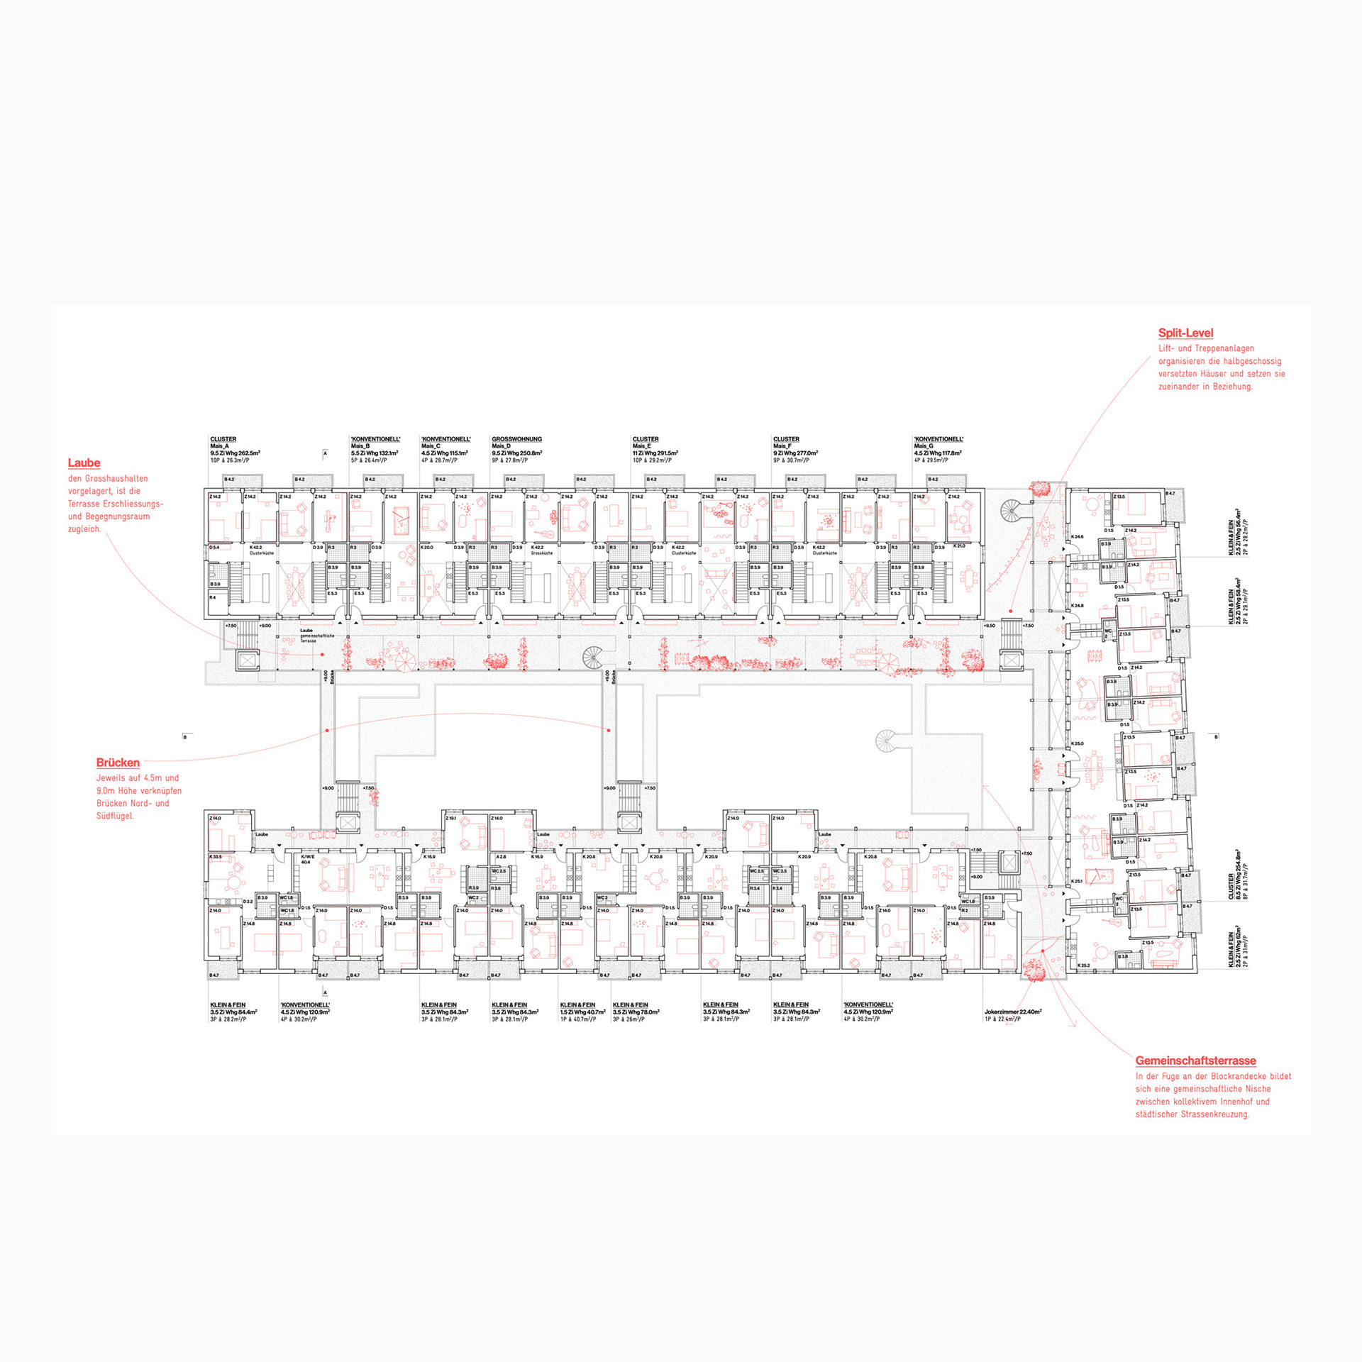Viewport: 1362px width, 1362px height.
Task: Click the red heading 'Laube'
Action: coord(84,463)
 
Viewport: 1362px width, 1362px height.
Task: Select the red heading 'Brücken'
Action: coord(118,763)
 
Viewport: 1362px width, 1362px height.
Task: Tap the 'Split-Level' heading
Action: coord(1185,333)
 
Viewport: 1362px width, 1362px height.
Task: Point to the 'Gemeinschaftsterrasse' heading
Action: coord(1195,1061)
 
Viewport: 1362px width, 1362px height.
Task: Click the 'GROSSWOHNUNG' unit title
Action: coord(516,439)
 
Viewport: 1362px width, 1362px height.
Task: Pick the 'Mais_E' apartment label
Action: coord(642,446)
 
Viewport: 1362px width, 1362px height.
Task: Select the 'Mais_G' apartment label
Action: coord(924,446)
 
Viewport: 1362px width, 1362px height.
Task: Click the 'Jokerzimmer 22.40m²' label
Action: coord(1012,1012)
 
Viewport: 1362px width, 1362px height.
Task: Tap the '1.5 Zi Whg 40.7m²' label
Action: coord(582,1012)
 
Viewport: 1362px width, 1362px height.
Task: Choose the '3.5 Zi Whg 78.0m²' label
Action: coord(636,1012)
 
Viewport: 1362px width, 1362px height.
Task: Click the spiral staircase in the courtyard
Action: coord(885,741)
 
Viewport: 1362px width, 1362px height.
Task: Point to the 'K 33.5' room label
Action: coord(215,856)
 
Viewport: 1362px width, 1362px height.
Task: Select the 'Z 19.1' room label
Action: coord(451,818)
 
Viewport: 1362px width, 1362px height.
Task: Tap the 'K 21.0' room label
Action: coord(959,546)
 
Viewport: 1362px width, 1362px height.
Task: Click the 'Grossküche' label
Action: coord(541,553)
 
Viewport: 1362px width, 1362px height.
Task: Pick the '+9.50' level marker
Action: coord(989,626)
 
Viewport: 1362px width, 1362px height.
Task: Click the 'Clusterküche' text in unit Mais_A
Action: coord(261,553)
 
